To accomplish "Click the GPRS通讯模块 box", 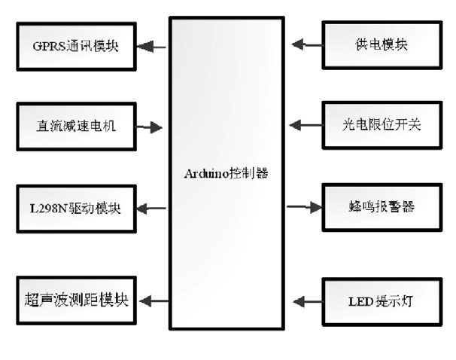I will [x=75, y=46].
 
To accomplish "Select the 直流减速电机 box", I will [x=75, y=126].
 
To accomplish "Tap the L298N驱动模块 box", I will [x=75, y=207].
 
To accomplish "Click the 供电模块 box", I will [x=381, y=45].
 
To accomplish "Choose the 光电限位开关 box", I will [x=381, y=124].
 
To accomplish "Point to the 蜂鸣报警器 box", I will [x=381, y=206].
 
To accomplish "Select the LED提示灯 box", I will [x=381, y=301].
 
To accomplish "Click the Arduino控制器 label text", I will [x=226, y=173].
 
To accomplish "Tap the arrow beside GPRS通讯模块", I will [x=153, y=46].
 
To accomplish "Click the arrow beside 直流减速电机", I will [x=151, y=127].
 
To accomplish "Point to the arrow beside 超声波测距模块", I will [x=153, y=301].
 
